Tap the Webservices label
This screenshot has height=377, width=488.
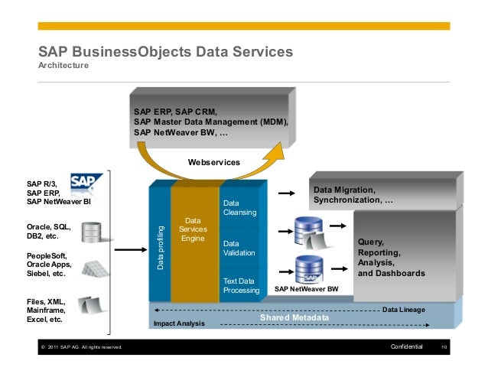[214, 162]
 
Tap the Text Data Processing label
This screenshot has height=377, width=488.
[241, 286]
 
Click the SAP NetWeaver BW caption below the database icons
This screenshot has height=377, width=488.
[306, 291]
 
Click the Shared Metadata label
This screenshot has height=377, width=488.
[294, 317]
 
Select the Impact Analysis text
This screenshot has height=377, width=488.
[180, 324]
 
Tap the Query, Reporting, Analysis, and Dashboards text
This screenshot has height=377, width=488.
[391, 257]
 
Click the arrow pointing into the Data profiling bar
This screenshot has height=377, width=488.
[132, 249]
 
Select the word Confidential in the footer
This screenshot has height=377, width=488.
[406, 348]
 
